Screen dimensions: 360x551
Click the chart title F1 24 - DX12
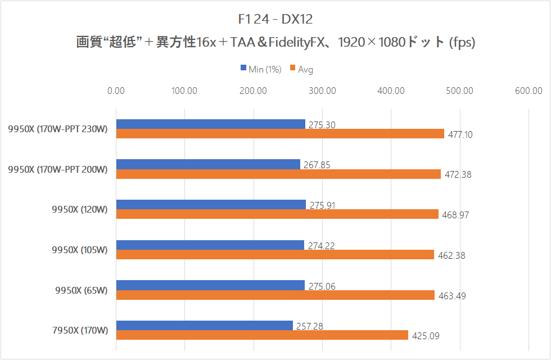(x=275, y=20)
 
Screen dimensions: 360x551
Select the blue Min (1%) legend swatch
(x=243, y=69)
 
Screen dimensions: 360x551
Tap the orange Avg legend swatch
(x=293, y=69)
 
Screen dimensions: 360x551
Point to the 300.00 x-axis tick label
(x=322, y=91)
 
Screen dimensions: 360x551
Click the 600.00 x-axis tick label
(x=529, y=91)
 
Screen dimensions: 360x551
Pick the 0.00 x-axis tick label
(x=116, y=91)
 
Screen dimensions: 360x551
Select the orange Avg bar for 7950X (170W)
(x=262, y=335)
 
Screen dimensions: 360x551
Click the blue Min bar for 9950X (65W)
(x=210, y=285)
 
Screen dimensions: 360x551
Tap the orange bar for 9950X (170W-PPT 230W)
(x=280, y=134)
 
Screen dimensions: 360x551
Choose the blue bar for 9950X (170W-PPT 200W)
(x=208, y=164)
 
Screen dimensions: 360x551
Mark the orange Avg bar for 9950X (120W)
(x=277, y=214)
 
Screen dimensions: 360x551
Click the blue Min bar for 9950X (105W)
(x=210, y=245)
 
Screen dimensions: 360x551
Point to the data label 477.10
(x=460, y=134)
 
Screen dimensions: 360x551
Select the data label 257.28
(x=310, y=326)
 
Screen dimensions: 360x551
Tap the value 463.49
(x=450, y=296)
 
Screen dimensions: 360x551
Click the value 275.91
(x=322, y=205)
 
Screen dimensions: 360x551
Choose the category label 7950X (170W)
(x=79, y=330)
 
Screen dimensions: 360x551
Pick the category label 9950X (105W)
(x=79, y=250)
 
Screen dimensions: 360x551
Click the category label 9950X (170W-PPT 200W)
(x=57, y=169)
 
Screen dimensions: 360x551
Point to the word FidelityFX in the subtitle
(x=294, y=43)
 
